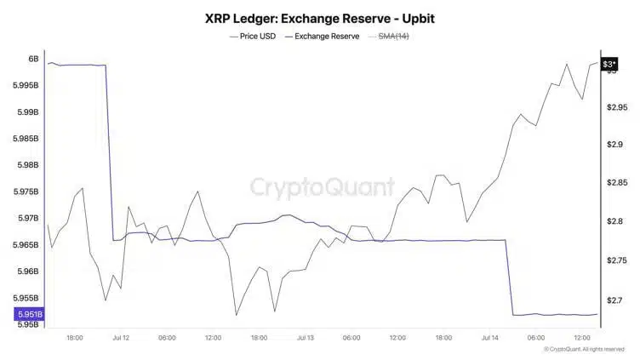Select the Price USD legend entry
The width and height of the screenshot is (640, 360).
[x=254, y=37]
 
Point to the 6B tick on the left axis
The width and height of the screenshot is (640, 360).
[x=33, y=59]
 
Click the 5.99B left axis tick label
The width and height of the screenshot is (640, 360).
[x=27, y=111]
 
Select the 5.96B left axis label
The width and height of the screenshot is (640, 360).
[x=27, y=271]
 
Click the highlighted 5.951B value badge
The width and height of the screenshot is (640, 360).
[x=28, y=314]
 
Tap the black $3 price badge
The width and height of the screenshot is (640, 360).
[x=609, y=65]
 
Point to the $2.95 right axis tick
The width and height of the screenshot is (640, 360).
[x=617, y=107]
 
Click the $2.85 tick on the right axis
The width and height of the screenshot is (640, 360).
[x=617, y=183]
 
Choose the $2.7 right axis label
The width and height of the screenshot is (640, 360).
[x=614, y=300]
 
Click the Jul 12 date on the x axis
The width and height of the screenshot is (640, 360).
[x=121, y=338]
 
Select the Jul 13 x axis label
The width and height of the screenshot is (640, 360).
[x=306, y=338]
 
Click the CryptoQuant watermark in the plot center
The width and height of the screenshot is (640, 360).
[x=322, y=186]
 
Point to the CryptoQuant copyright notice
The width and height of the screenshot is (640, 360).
[x=586, y=349]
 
